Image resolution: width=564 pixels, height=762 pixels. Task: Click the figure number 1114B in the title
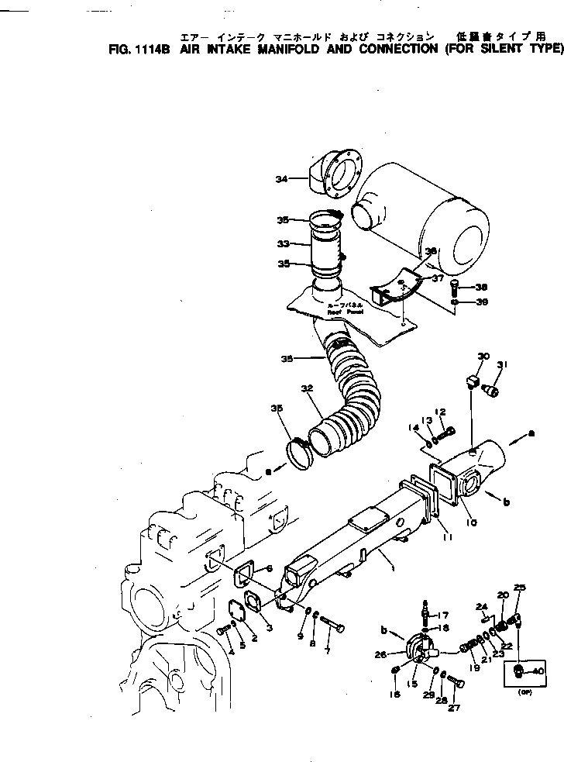point(157,48)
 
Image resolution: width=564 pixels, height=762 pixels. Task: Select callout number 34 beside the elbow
point(281,179)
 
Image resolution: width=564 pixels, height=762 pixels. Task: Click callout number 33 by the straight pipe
point(283,243)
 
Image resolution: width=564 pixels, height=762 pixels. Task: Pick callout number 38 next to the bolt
point(481,286)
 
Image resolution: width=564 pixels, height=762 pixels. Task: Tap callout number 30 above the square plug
point(483,357)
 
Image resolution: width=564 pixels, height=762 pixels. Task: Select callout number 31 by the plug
point(503,366)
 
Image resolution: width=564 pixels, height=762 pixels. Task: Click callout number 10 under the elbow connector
point(471,522)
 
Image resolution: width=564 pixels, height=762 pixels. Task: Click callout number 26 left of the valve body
point(380,655)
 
